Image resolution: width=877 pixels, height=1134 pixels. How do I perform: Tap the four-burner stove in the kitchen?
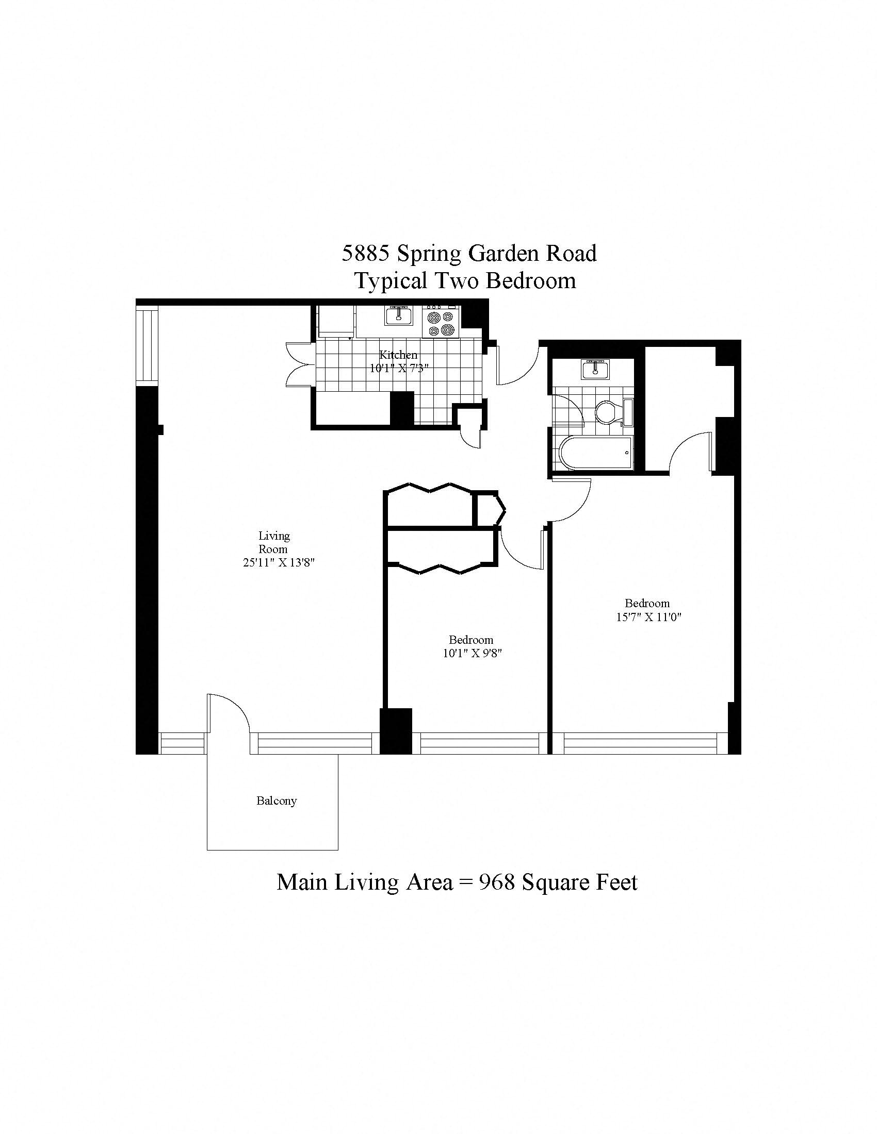tap(441, 323)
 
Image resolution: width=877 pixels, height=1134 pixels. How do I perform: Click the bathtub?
tap(596, 453)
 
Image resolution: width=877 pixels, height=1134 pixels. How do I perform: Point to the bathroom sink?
tap(595, 369)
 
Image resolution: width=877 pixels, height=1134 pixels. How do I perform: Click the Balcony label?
tap(277, 801)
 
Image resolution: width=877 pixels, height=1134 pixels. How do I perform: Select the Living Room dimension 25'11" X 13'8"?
tap(279, 562)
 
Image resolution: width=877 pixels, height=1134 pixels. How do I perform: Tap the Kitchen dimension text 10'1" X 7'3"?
tap(398, 369)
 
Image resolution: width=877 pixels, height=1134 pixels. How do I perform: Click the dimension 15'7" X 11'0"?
tap(648, 617)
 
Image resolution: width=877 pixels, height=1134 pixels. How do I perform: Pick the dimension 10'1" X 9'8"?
tap(472, 654)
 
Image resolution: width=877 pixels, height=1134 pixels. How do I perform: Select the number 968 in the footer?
tap(496, 882)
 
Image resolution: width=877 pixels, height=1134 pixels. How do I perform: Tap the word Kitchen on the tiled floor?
tap(398, 355)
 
